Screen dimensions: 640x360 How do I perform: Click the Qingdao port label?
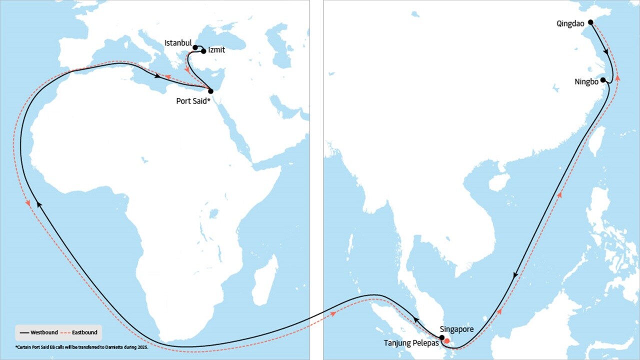click(570, 23)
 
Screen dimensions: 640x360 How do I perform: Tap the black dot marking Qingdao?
click(590, 22)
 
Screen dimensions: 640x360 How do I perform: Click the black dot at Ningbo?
click(603, 80)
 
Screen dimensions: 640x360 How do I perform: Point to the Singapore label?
click(456, 330)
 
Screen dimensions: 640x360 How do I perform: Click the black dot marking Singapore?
click(441, 337)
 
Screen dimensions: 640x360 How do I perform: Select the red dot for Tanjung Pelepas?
click(447, 341)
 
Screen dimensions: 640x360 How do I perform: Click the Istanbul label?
click(178, 43)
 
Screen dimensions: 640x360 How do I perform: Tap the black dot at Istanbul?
click(195, 47)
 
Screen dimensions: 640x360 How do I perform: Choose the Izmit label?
click(216, 50)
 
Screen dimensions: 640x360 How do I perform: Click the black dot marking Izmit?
click(203, 51)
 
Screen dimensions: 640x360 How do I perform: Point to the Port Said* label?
click(192, 100)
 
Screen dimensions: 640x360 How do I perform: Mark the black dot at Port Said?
click(210, 91)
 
